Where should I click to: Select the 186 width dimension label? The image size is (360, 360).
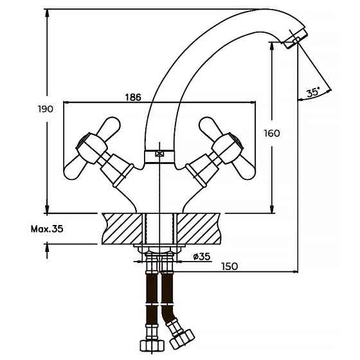[x=132, y=96]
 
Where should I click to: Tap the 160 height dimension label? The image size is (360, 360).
[x=272, y=133]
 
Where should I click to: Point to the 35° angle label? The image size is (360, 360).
[x=312, y=93]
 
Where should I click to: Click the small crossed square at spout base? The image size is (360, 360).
[x=160, y=154]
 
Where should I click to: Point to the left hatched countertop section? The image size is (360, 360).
[x=124, y=228]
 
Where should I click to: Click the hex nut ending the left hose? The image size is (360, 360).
[x=152, y=344]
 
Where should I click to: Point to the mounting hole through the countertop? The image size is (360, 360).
[x=160, y=228]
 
